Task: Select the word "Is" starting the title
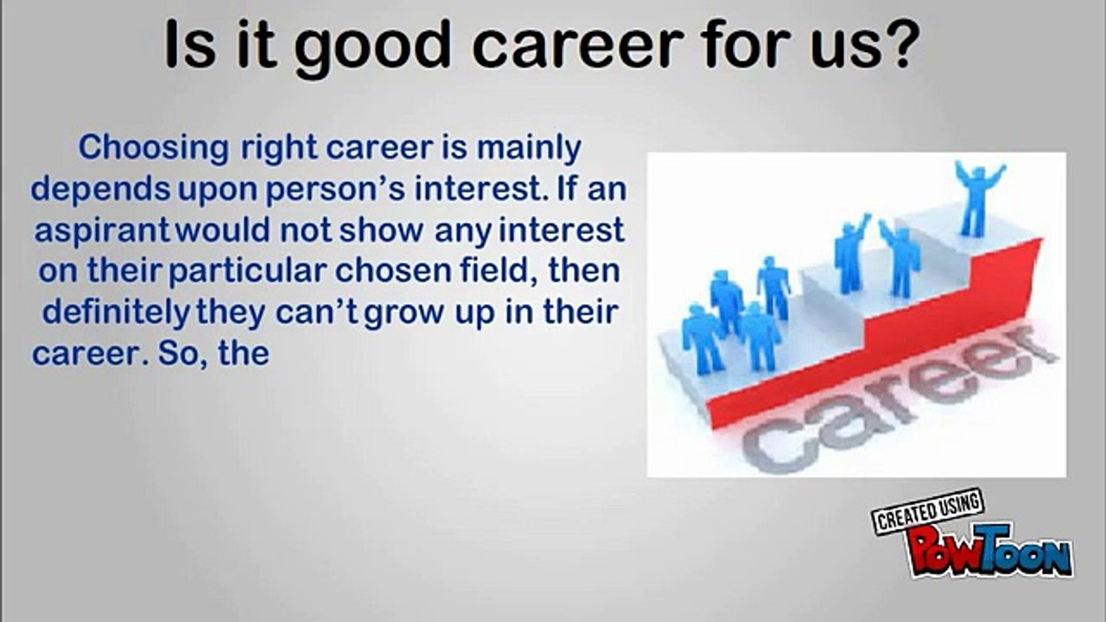tap(190, 43)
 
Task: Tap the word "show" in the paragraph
tap(381, 231)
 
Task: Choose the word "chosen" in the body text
tap(393, 271)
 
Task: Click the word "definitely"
tap(116, 314)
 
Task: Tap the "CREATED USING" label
tap(928, 511)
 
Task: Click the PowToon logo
tap(989, 551)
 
